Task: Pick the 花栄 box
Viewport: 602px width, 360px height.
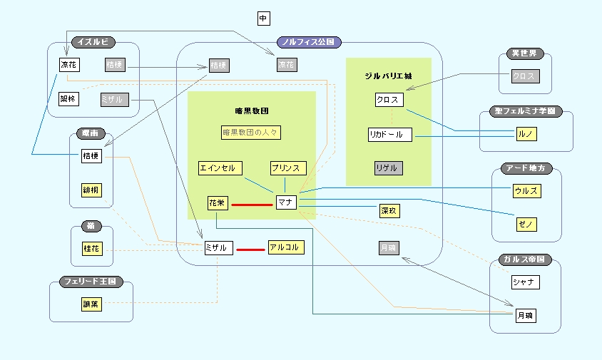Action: (217, 203)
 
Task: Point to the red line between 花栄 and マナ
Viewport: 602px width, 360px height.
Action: (251, 204)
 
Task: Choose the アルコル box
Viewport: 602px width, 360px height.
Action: (284, 247)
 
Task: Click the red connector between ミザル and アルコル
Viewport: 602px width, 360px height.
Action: (250, 250)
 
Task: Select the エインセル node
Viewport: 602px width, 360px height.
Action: (220, 168)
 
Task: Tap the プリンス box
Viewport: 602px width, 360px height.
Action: (288, 168)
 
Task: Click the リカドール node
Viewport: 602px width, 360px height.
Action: (390, 134)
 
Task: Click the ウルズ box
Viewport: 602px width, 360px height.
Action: (526, 190)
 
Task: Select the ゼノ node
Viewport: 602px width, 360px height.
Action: (526, 225)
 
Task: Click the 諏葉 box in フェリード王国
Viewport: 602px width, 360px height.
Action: (92, 304)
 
